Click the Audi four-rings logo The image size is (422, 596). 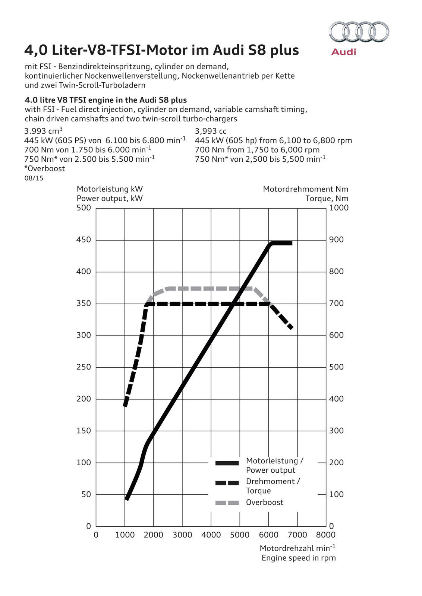pos(359,32)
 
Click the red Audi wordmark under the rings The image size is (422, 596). pos(344,52)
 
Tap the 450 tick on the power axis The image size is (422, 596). pos(84,240)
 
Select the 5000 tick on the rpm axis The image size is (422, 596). pos(240,535)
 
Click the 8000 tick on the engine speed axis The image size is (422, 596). pos(326,535)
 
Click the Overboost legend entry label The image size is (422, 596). pos(265,503)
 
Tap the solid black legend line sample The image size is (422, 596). pos(227,463)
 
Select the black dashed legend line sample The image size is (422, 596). pos(227,483)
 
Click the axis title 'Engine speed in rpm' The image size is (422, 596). pos(299,558)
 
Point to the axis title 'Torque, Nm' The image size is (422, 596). pos(327,199)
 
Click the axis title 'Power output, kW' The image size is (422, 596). pos(110,199)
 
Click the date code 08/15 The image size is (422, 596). pos(34,178)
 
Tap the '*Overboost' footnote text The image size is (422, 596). pos(45,168)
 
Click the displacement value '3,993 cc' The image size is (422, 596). pos(211,131)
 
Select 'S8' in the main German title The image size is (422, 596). pos(257,50)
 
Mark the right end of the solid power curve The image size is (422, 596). pos(291,243)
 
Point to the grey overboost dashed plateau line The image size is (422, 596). pos(211,289)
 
